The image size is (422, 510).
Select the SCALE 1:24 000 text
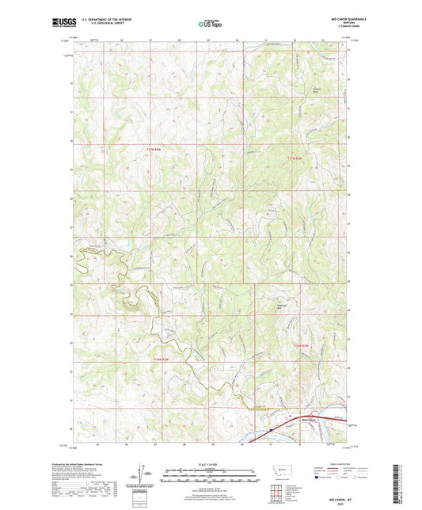(210, 463)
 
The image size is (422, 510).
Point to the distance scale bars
(210, 477)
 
